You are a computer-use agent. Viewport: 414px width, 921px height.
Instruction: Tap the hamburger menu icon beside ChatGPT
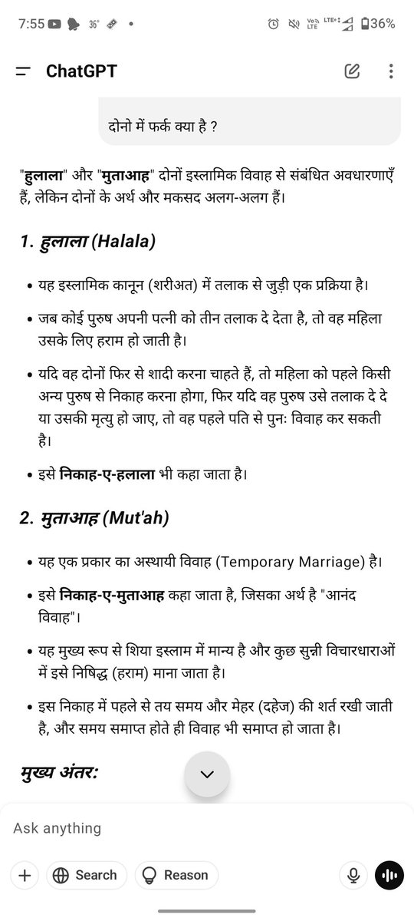pyautogui.click(x=23, y=71)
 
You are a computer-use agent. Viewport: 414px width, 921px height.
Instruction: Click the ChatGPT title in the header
pyautogui.click(x=81, y=71)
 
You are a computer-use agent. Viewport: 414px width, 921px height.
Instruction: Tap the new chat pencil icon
pyautogui.click(x=352, y=71)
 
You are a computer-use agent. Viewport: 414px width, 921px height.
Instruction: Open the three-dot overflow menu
pyautogui.click(x=391, y=71)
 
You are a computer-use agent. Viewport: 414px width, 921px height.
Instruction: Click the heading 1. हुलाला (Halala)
pyautogui.click(x=87, y=243)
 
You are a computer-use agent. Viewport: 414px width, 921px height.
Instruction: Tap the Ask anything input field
pyautogui.click(x=176, y=829)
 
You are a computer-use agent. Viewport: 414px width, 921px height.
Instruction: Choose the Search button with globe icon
pyautogui.click(x=86, y=875)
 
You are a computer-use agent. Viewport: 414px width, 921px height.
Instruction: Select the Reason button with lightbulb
pyautogui.click(x=176, y=875)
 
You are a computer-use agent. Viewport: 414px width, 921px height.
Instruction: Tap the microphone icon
pyautogui.click(x=353, y=875)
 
